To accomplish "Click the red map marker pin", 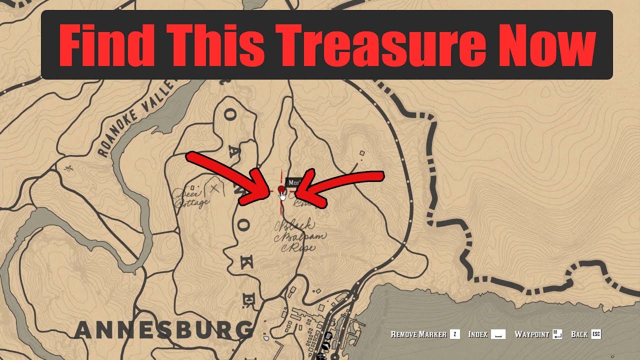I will [281, 189].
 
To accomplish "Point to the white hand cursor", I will [283, 195].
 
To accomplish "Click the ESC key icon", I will [596, 334].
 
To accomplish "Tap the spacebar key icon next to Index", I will [498, 334].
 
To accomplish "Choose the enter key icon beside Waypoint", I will [558, 334].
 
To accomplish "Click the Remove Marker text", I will [418, 334].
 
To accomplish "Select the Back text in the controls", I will [579, 334].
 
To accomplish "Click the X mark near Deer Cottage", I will [215, 188].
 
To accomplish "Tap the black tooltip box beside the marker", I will [293, 183].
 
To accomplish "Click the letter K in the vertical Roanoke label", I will [245, 264].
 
